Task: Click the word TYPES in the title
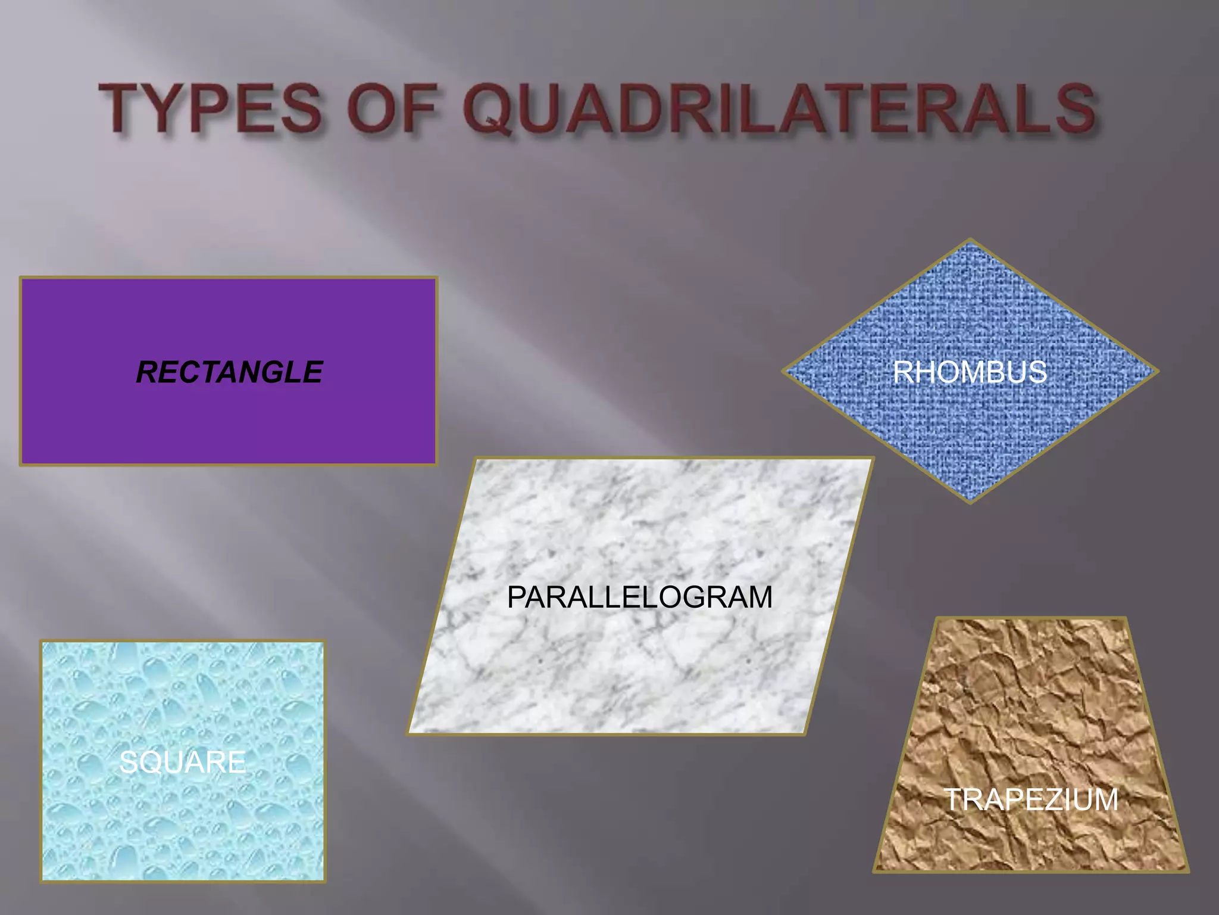(211, 109)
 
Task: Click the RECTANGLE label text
(229, 372)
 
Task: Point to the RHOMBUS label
(970, 372)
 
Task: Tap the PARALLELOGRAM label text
(639, 597)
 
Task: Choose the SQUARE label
(182, 762)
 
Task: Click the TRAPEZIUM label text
(1032, 799)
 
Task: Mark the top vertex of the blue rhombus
(970, 240)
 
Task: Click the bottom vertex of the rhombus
(970, 502)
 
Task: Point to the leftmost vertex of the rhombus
(783, 371)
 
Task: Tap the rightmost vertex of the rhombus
(1157, 371)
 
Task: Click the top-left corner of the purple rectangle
(21, 278)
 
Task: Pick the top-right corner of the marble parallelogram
(872, 459)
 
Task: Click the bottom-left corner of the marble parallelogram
(409, 733)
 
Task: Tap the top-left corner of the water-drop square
(42, 642)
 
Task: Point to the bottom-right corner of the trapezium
(1187, 871)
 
